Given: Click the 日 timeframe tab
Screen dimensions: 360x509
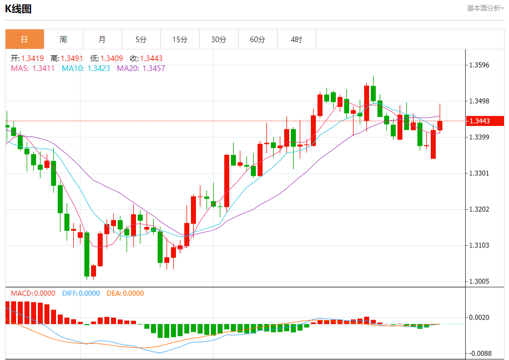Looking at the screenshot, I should (x=24, y=39).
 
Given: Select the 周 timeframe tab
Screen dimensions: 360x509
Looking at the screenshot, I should (x=63, y=39).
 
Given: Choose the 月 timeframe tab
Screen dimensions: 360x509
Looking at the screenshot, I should (x=102, y=39).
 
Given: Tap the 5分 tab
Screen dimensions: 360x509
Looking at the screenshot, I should (x=141, y=39).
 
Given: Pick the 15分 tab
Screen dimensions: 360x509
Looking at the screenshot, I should (x=180, y=39).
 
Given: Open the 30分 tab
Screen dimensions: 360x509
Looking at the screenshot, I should (x=219, y=39).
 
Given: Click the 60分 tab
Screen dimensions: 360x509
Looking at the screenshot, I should (x=258, y=39).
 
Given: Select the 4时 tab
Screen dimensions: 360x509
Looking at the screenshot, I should (x=296, y=39).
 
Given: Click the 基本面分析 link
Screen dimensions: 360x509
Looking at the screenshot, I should (x=485, y=8).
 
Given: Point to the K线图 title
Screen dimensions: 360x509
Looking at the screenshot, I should (x=18, y=9).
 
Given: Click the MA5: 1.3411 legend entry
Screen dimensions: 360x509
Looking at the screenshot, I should (x=33, y=68).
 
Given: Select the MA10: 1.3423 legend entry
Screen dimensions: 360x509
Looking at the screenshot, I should (x=85, y=68).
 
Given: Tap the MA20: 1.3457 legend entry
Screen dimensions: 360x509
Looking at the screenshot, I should (x=141, y=68).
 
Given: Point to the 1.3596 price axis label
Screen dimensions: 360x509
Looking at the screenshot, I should (x=479, y=65).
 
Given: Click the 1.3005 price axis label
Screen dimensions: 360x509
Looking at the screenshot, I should (x=479, y=281).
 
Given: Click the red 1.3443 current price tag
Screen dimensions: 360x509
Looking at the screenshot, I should (x=484, y=121).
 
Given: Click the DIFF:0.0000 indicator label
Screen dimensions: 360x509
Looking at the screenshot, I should (x=81, y=293).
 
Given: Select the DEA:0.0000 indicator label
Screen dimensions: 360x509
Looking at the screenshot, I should (x=125, y=293).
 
